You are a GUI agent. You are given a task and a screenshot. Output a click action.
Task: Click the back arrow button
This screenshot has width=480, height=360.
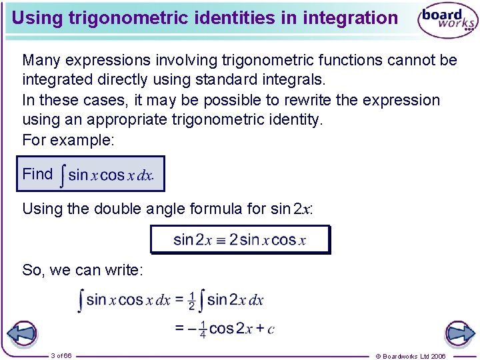coord(23,333)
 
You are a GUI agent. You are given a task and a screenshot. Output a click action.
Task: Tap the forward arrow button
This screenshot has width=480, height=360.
coord(459,333)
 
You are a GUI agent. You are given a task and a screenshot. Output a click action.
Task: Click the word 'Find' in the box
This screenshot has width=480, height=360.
coord(37,174)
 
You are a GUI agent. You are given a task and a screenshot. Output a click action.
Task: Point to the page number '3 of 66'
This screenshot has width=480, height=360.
coord(61,355)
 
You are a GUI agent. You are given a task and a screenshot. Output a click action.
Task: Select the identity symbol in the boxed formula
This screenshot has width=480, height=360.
coord(221,240)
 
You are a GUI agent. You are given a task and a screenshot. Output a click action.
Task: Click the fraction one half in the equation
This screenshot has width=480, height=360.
coord(192,301)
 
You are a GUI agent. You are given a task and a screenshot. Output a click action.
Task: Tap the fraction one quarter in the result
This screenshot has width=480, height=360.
coord(202,329)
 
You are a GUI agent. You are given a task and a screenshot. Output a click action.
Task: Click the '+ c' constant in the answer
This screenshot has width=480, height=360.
coord(265,329)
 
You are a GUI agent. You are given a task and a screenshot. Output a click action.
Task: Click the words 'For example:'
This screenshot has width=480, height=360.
coord(68,140)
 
